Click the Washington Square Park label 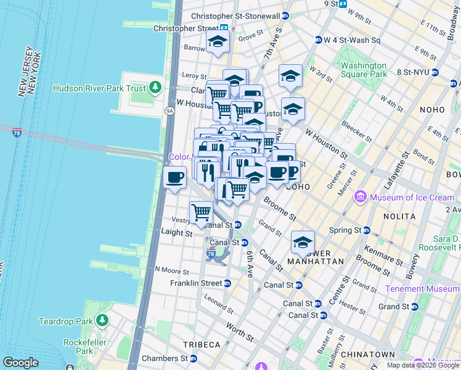(364, 70)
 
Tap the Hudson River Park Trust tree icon (156, 88)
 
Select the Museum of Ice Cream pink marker (361, 197)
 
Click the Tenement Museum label (422, 289)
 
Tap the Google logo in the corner (20, 362)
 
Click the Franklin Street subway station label (195, 283)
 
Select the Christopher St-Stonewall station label (235, 16)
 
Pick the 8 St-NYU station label (416, 72)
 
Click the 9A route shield (170, 110)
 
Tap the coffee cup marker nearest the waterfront (174, 178)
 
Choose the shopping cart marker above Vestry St (201, 212)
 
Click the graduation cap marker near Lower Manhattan (303, 242)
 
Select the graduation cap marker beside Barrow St (218, 41)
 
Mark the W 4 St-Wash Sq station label (352, 40)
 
